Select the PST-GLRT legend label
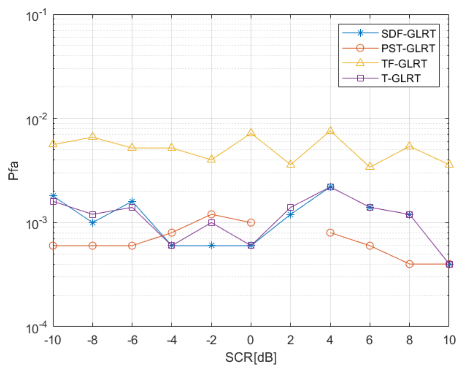point(409,49)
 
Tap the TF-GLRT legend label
point(404,63)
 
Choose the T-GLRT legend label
point(401,78)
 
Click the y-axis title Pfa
point(13,170)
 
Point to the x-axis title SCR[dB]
point(251,357)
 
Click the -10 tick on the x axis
point(53,340)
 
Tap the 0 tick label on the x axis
point(251,340)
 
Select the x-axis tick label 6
point(370,340)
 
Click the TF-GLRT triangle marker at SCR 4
point(330,131)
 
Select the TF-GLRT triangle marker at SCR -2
point(212,159)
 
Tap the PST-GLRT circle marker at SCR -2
point(212,214)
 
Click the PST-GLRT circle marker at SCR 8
point(409,264)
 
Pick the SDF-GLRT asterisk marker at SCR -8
point(93,223)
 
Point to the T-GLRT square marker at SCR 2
point(290,208)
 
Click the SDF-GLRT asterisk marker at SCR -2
point(212,245)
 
